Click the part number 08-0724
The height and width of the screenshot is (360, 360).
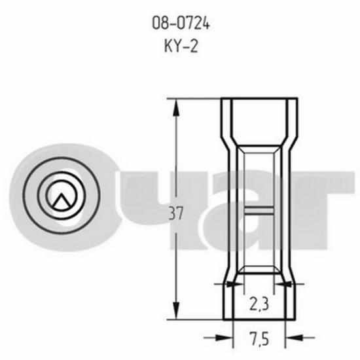(x=181, y=23)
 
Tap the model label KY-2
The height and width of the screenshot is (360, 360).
(x=181, y=46)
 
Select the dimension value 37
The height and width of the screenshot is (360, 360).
(x=176, y=213)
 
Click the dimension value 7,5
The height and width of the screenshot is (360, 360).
(x=259, y=339)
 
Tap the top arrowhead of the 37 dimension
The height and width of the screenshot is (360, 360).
(x=176, y=108)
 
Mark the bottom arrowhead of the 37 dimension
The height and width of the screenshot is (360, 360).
(x=176, y=311)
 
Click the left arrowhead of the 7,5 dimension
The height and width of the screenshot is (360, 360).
(x=225, y=338)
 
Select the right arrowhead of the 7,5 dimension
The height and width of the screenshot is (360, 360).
(x=293, y=338)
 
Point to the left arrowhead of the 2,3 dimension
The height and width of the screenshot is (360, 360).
(x=234, y=284)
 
